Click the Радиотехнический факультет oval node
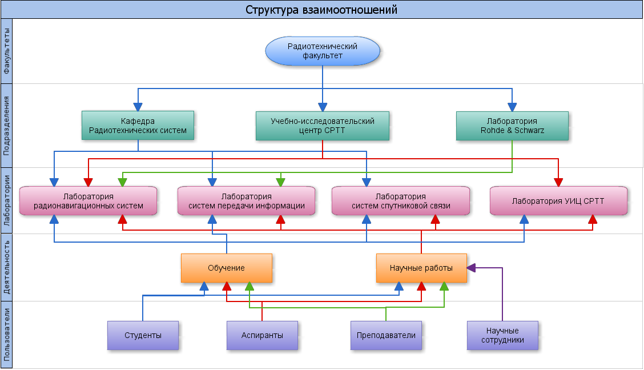[323, 51]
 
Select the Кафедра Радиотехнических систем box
[138, 126]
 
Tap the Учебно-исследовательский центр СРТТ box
[323, 126]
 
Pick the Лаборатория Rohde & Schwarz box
[512, 126]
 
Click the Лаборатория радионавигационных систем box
[88, 201]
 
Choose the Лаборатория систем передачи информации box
[246, 201]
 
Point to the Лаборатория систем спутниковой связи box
[401, 201]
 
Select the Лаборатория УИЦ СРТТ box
[558, 201]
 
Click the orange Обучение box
[226, 268]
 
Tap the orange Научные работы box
[421, 268]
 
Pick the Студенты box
[143, 335]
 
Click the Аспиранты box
[262, 335]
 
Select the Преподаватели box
[386, 335]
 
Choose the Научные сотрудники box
[502, 335]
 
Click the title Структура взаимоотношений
[321, 10]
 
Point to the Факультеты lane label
[7, 51]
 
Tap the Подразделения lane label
[7, 126]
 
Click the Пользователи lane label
[7, 335]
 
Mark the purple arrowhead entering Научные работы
[472, 267]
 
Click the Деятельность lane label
[7, 267]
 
